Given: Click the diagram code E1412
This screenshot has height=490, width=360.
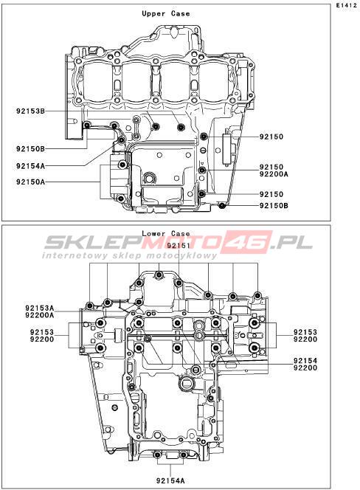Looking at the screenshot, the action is tap(346, 5).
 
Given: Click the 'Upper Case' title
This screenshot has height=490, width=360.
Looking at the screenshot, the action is tap(166, 14).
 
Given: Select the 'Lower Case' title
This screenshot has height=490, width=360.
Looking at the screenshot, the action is tap(166, 233).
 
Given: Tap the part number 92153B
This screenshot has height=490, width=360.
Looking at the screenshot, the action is tap(31, 111).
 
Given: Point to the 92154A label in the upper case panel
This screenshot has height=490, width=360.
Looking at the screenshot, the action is tap(31, 166).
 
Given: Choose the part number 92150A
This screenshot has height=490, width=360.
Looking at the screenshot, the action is tap(31, 182).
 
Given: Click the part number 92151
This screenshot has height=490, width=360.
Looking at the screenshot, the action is tap(179, 246).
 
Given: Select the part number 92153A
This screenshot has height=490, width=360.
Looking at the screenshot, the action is tap(39, 308).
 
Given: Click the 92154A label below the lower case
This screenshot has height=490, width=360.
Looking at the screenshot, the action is tap(170, 480).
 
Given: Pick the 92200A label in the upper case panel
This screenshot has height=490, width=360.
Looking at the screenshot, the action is tap(274, 174).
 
